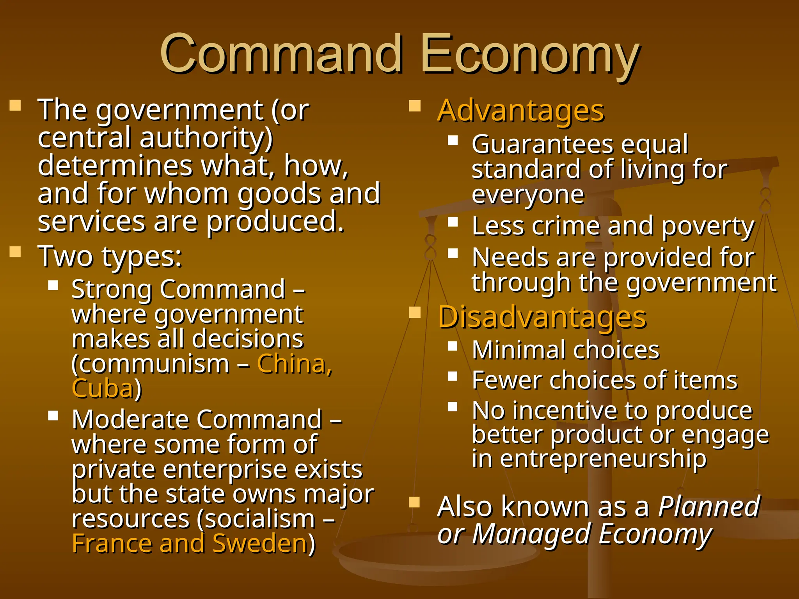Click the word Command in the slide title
pyautogui.click(x=281, y=53)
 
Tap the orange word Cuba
pyautogui.click(x=103, y=388)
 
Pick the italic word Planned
pyautogui.click(x=709, y=507)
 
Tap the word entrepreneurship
pyautogui.click(x=603, y=459)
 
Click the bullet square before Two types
pyautogui.click(x=15, y=252)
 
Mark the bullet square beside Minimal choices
pyautogui.click(x=453, y=346)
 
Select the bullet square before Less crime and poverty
pyautogui.click(x=453, y=222)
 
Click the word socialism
pyautogui.click(x=256, y=519)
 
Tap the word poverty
pyautogui.click(x=708, y=227)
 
